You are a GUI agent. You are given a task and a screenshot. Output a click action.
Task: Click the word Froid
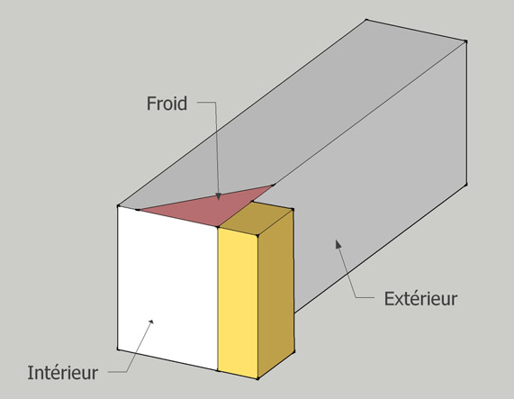pos(167,104)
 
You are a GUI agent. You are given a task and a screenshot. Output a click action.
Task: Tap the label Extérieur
pos(420,299)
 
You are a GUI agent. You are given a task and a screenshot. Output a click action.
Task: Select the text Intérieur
pos(62,373)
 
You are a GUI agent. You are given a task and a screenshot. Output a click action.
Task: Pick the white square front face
pos(167,288)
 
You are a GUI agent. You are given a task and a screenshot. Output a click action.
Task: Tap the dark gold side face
pos(275,294)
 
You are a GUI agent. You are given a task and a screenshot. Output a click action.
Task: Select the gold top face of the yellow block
pos(256,218)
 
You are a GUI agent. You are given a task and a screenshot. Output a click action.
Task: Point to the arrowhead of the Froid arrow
pos(219,196)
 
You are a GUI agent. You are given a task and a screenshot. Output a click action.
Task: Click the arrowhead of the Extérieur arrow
pos(338,243)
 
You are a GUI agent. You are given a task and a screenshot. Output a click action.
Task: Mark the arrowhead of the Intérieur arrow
pos(151,322)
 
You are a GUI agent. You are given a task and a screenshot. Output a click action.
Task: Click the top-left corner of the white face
pos(118,206)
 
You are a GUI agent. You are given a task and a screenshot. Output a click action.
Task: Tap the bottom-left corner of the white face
pos(118,349)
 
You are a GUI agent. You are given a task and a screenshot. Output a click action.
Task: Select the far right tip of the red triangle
pos(274,185)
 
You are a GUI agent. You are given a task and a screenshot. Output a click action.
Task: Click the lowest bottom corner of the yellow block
pos(258,378)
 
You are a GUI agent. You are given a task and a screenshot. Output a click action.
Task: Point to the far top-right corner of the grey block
pos(466,41)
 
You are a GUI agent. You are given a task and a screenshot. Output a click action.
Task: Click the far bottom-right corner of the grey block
pos(466,185)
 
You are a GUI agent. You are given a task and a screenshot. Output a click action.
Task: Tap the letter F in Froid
pos(151,104)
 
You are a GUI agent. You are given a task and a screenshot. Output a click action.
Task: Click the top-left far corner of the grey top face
pos(366,20)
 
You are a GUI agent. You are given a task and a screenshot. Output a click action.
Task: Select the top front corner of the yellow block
pos(257,235)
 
